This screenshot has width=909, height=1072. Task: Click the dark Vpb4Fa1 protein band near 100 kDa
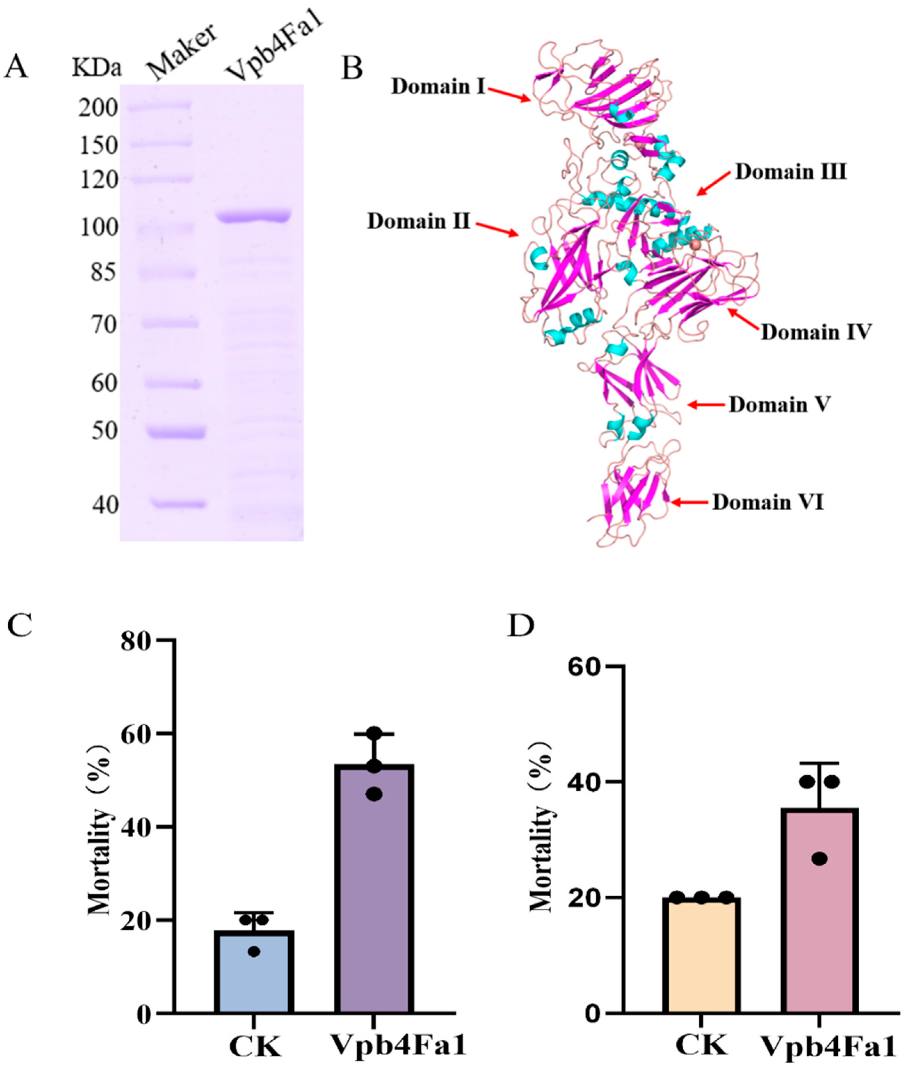click(x=254, y=216)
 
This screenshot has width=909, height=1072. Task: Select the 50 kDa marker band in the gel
click(x=176, y=432)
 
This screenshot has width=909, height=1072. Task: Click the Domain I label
click(x=438, y=87)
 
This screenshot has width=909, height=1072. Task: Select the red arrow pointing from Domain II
click(x=497, y=230)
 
